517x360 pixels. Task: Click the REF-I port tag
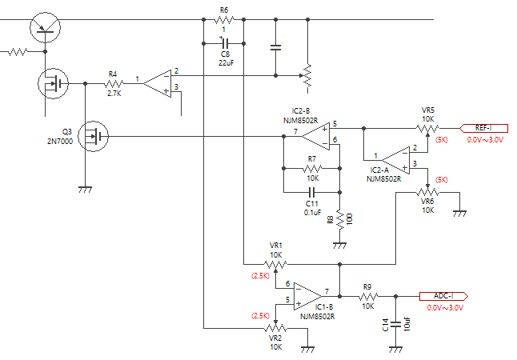click(483, 128)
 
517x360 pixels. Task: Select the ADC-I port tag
click(443, 296)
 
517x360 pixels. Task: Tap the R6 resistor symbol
click(224, 20)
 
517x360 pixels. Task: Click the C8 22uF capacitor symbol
click(225, 43)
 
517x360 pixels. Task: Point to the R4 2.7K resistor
click(114, 84)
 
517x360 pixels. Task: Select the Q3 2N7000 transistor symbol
click(94, 136)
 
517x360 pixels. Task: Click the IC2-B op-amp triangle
click(316, 136)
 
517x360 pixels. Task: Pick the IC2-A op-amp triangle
click(395, 160)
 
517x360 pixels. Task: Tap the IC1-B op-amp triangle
click(308, 296)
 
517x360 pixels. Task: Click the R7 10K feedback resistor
click(312, 169)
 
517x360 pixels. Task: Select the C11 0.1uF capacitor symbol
click(312, 192)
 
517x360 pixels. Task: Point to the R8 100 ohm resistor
click(339, 220)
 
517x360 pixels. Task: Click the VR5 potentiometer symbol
click(427, 130)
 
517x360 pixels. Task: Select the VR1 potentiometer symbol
click(275, 266)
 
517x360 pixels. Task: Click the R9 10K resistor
click(367, 296)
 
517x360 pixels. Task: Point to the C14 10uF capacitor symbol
click(395, 324)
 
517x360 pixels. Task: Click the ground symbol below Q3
click(85, 190)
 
